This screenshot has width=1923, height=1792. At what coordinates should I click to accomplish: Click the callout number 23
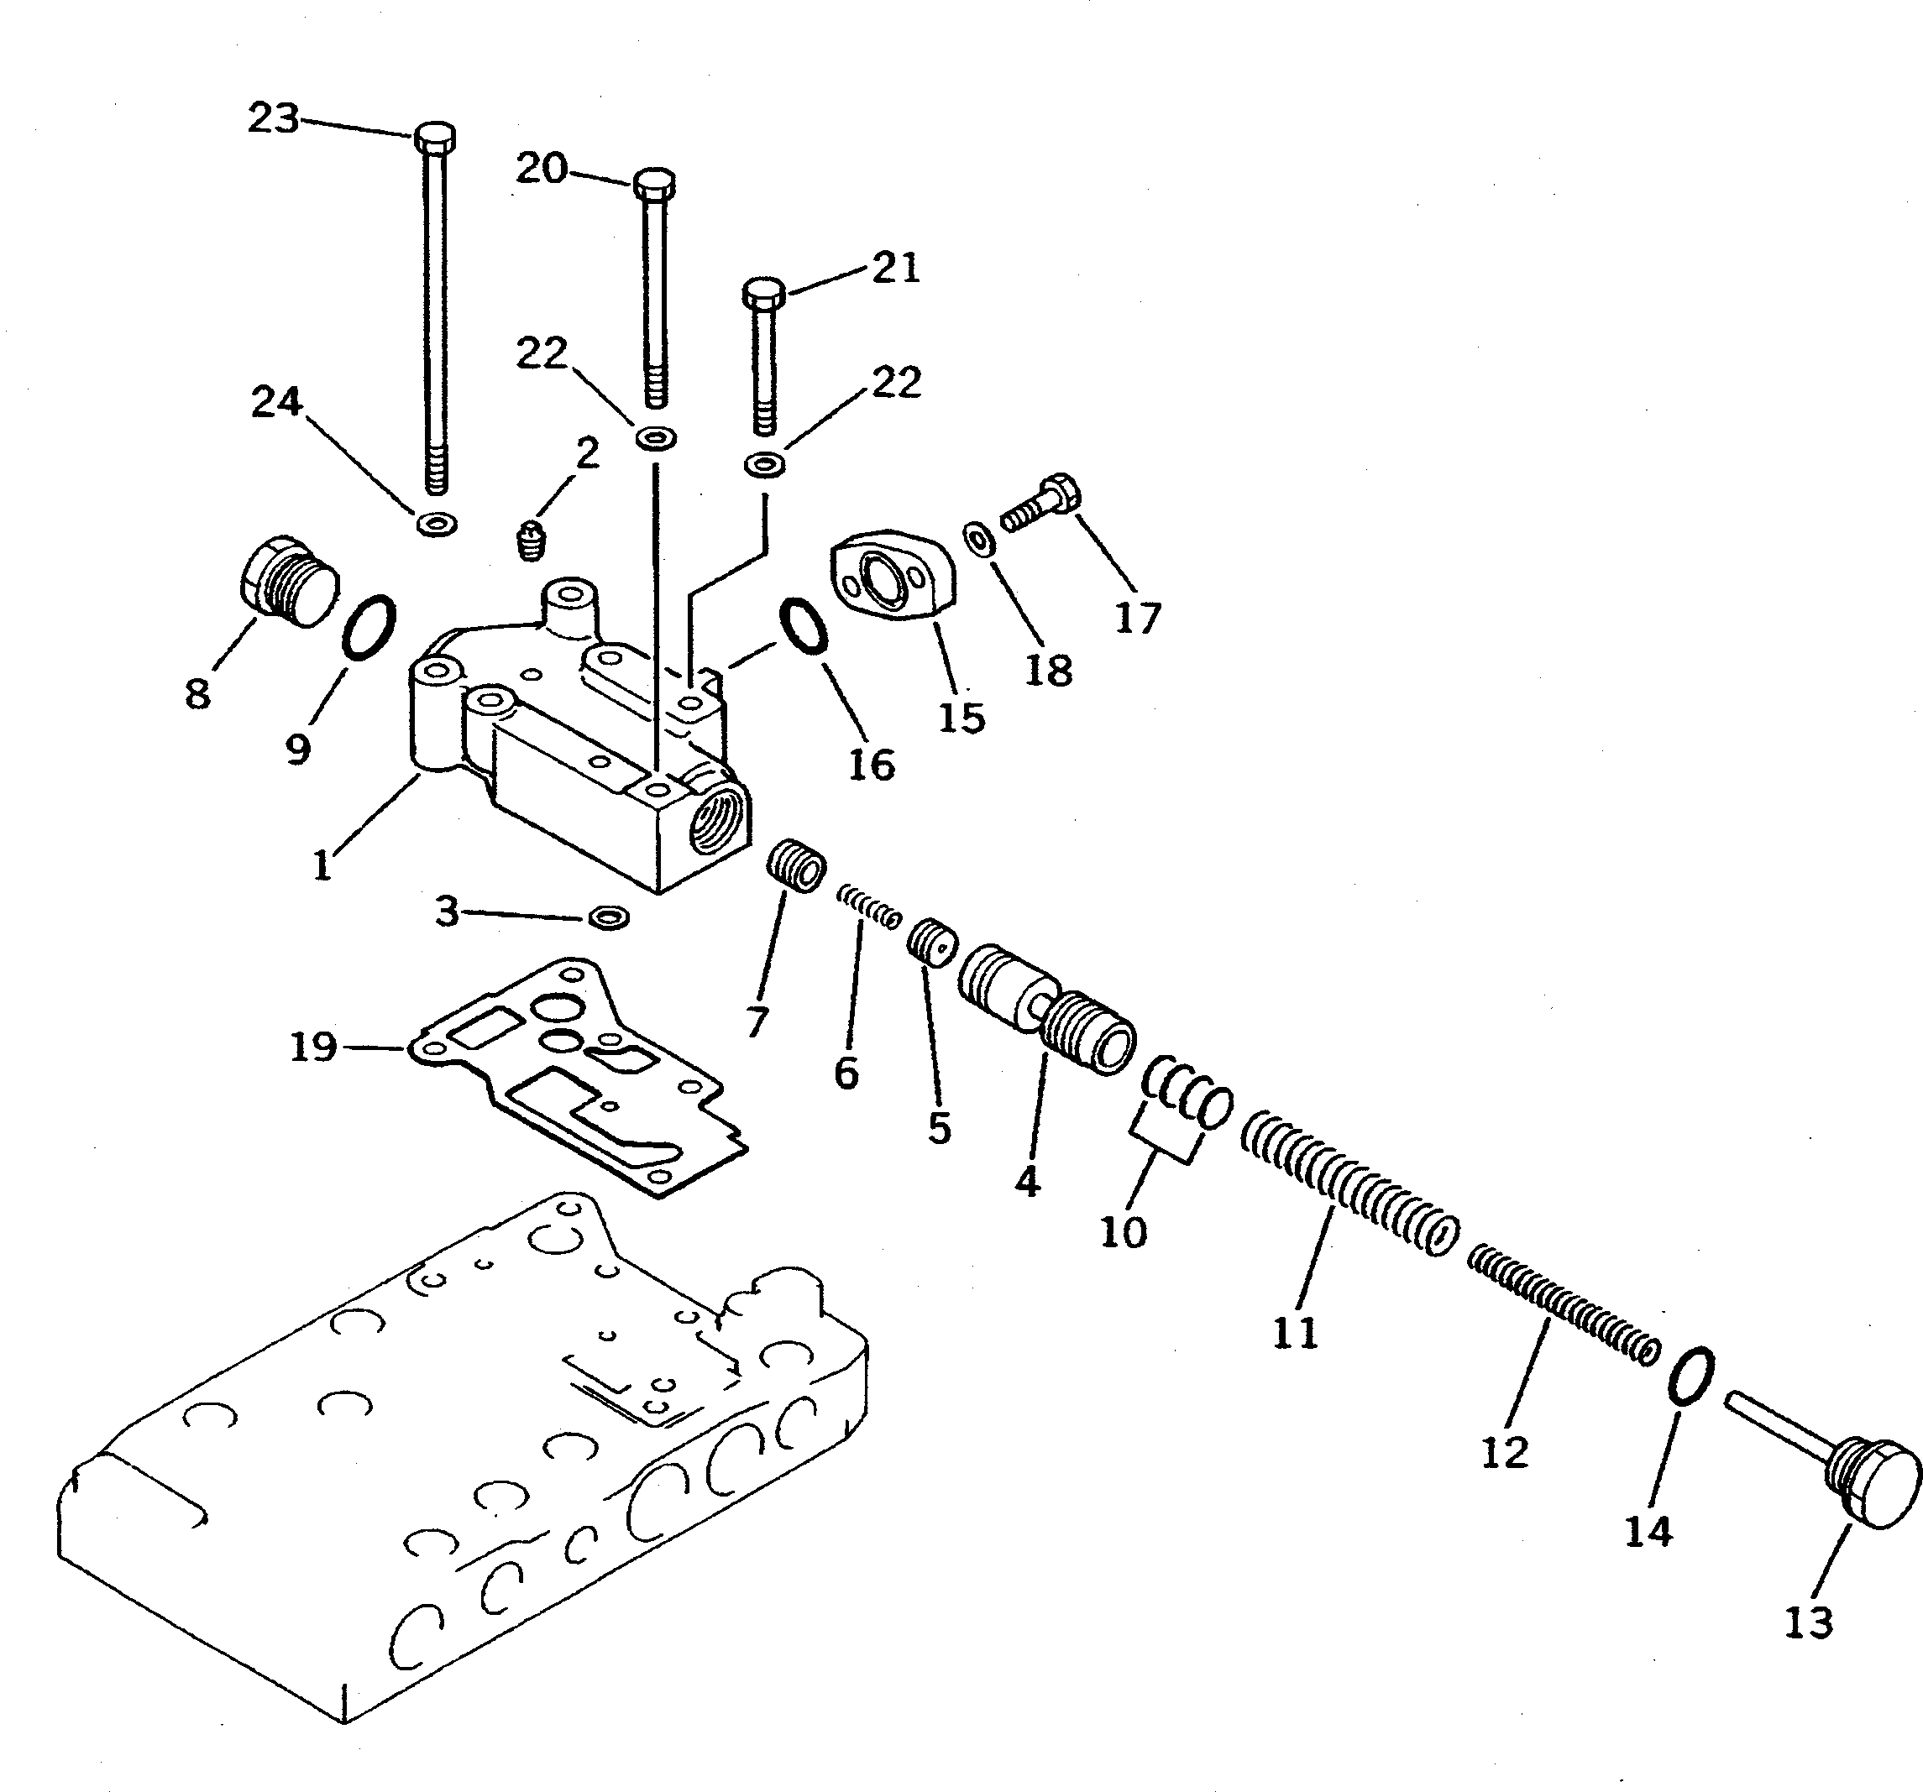274,119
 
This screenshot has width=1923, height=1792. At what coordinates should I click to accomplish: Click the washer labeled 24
438,524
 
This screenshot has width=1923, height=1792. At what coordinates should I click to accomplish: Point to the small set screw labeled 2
530,540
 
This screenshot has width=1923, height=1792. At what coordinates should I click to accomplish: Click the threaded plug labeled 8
288,583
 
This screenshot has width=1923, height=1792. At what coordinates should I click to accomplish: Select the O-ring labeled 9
369,628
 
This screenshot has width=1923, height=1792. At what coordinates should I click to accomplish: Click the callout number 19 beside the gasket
313,1047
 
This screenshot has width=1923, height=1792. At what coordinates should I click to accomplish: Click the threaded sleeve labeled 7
798,869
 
